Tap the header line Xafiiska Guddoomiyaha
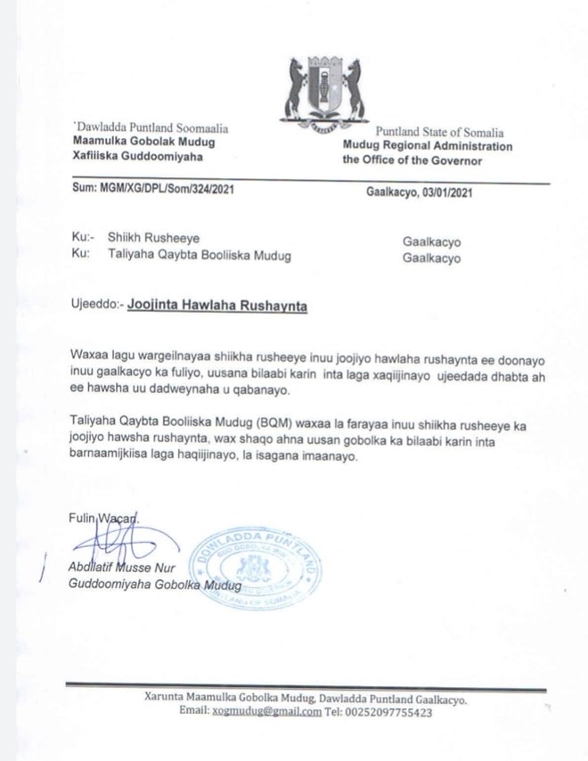tap(128, 155)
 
